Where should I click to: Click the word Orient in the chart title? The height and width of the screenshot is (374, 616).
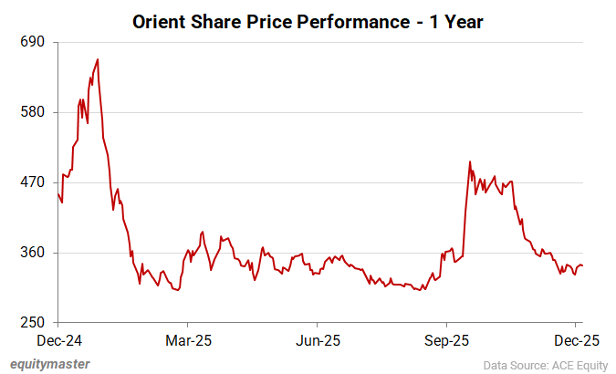click(x=161, y=20)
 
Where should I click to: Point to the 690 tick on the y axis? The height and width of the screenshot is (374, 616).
click(x=33, y=43)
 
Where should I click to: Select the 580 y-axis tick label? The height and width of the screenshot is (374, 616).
click(x=33, y=113)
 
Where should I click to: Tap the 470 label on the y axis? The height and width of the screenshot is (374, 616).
click(x=33, y=182)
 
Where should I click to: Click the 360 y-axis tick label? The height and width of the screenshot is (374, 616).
click(x=33, y=253)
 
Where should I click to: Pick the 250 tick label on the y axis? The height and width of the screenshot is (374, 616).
click(x=33, y=323)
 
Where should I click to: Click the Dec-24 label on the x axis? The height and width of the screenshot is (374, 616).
click(x=57, y=340)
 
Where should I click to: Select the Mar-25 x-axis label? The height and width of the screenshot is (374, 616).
click(x=187, y=340)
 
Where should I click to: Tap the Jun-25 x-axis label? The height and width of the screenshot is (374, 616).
click(x=317, y=340)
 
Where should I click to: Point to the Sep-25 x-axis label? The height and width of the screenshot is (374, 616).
click(x=446, y=340)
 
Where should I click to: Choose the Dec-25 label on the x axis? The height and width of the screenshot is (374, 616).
click(x=576, y=340)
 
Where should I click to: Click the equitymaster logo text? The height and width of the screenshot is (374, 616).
click(x=50, y=363)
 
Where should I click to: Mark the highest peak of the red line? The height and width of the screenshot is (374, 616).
click(x=98, y=59)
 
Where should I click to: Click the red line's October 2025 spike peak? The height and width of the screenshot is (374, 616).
click(x=469, y=161)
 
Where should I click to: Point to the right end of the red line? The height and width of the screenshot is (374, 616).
click(x=583, y=266)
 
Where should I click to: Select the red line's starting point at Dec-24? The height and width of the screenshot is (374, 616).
click(x=57, y=192)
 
